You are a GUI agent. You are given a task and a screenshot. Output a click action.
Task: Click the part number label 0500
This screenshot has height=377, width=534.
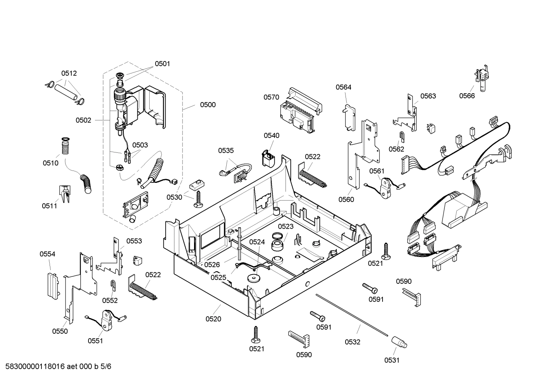(208, 105)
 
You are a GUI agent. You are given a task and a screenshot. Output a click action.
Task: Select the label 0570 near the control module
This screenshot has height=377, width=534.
(271, 97)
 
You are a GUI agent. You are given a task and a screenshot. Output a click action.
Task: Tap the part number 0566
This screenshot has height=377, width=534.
(467, 96)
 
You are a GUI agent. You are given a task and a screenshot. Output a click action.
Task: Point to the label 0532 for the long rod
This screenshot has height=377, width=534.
(352, 342)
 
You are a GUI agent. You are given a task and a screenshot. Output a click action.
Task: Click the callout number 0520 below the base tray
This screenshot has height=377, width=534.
(213, 319)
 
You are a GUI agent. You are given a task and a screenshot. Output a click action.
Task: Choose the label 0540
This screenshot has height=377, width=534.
(271, 136)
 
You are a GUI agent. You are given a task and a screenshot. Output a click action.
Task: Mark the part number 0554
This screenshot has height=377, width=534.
(47, 254)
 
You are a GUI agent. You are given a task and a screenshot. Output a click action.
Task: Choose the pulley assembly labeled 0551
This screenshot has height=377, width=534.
(107, 319)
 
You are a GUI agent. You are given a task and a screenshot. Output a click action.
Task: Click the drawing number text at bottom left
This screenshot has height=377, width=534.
(56, 367)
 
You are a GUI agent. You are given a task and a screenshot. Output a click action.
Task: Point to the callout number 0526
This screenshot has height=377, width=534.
(212, 265)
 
